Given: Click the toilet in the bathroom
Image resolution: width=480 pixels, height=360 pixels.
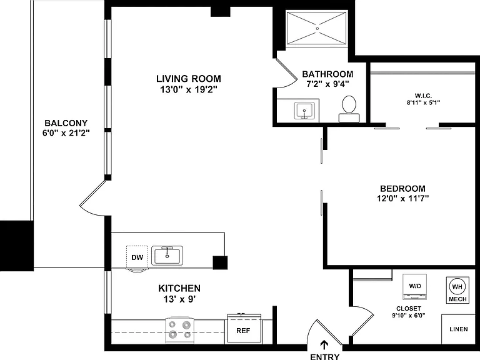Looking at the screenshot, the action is pos(349,109).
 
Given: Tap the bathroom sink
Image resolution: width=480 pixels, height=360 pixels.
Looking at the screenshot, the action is pos(304,111).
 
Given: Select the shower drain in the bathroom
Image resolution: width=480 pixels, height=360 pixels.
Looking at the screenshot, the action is pos(317,29).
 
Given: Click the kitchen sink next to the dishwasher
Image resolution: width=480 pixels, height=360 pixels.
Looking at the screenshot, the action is pos(167,255).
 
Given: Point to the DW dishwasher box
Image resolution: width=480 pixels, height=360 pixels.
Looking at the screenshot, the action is pos(137,257).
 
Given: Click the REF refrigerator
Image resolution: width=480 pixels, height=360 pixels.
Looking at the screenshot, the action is pos(244,329).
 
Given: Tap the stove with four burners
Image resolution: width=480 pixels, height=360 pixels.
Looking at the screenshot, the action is pos(180,329).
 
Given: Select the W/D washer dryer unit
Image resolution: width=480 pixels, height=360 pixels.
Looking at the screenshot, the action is pos(414,286).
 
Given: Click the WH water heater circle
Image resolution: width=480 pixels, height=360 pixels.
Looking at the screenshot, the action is pos(457,286).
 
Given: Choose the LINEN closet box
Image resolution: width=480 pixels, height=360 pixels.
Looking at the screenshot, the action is pos(458,329).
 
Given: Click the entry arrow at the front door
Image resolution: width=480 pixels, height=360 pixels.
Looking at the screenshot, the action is pos(324,345).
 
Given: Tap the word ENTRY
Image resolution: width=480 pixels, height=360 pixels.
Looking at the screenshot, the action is pos(325,357).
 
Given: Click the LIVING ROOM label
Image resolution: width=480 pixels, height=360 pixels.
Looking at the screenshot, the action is pos(189,79).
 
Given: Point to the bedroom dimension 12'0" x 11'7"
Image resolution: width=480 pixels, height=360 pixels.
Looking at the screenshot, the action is pos(402,198).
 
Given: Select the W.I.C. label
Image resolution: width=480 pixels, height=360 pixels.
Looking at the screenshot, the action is pos(423,96).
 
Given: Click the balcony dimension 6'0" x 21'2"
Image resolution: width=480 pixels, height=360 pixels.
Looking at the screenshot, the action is pos(66,133).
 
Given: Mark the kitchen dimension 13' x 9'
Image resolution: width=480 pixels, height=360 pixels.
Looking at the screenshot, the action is pos(179,299).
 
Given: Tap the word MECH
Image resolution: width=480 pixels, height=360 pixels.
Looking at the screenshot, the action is pos(457,299).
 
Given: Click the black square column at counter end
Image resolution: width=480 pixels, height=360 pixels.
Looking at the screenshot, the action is pos(220,262).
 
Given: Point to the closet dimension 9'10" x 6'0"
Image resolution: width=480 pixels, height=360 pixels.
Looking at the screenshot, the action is pos(409,315).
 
